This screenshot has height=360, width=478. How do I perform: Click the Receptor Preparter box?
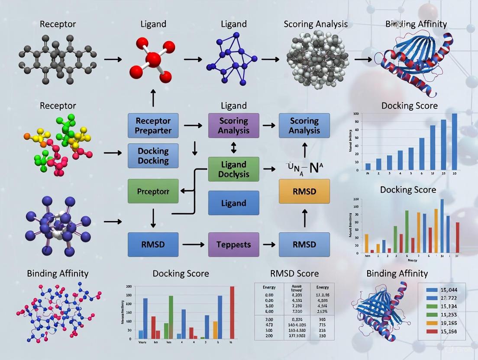tap(153, 125)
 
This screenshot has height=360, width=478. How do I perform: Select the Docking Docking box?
tap(153, 156)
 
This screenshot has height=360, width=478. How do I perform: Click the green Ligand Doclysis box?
tap(233, 169)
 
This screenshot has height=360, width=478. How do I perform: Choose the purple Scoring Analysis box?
tap(233, 125)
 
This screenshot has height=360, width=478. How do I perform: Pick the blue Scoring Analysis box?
tap(304, 125)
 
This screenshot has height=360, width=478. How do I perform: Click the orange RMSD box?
tap(304, 191)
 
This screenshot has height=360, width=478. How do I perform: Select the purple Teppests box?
tap(233, 244)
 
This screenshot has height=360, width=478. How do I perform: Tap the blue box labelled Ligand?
tap(233, 203)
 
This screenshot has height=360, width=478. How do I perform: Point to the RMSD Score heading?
tap(294, 273)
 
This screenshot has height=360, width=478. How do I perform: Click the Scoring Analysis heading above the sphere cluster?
tap(315, 24)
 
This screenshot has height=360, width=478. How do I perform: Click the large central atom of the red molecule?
tap(153, 58)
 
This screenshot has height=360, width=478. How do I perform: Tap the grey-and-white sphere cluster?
tap(317, 61)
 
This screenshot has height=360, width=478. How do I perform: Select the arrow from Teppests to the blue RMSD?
tap(269, 244)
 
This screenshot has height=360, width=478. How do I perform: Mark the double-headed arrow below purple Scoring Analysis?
tap(234, 148)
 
